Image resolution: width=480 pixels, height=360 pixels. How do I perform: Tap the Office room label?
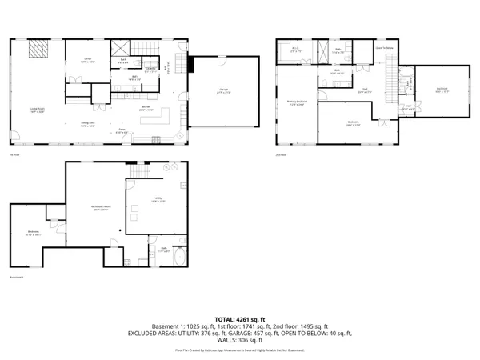[90, 59]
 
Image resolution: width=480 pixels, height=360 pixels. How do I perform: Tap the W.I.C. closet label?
[295, 50]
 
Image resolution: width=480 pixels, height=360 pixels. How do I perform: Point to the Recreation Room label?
[101, 209]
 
